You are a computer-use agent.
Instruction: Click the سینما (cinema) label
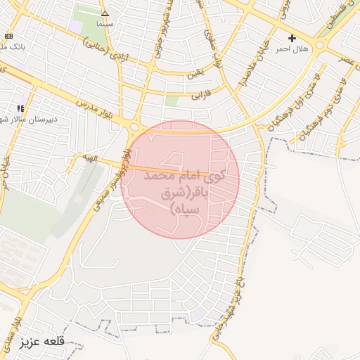pos(105,23)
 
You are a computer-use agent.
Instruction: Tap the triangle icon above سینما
pos(105,13)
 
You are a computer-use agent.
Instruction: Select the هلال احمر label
pos(292,49)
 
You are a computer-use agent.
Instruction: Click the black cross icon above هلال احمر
pos(292,38)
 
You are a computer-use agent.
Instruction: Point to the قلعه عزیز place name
pos(43,341)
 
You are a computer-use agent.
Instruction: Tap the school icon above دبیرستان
pos(20,108)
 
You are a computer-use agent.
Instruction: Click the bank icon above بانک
pos(8,36)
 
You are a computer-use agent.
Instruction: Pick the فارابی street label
pos(202,94)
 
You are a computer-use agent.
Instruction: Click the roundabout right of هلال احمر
pos(321,45)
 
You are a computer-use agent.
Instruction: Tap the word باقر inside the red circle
pos(211,193)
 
